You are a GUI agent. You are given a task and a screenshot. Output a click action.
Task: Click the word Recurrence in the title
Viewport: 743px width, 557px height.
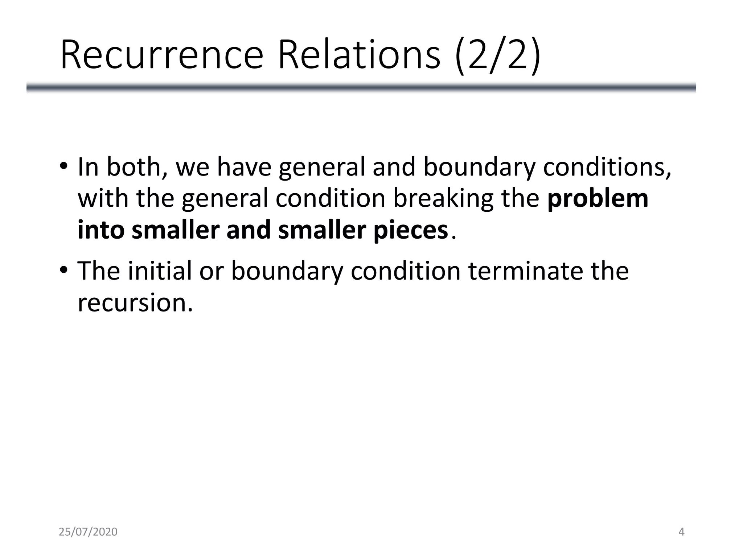pyautogui.click(x=162, y=55)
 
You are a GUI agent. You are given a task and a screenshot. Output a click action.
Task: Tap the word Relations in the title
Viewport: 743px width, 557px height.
pyautogui.click(x=359, y=55)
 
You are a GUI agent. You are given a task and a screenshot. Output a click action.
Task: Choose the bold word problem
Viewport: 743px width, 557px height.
pyautogui.click(x=598, y=199)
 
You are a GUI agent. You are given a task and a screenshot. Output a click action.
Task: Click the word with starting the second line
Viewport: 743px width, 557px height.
pyautogui.click(x=103, y=199)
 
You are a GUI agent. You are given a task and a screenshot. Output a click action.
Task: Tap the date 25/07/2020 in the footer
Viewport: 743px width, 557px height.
pyautogui.click(x=88, y=532)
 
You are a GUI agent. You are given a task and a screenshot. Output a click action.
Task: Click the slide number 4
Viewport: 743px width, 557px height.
pyautogui.click(x=681, y=532)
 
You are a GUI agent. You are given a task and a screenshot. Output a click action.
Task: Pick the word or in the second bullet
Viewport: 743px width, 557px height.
pyautogui.click(x=211, y=271)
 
